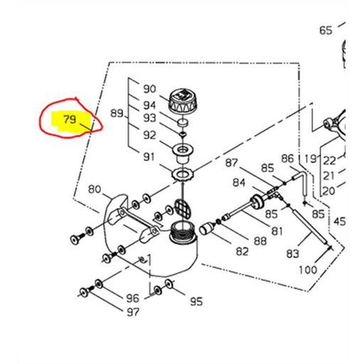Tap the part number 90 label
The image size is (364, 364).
(x=149, y=90)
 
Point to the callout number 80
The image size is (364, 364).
(x=95, y=190)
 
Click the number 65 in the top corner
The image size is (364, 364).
(x=326, y=30)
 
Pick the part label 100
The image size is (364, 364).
(x=307, y=270)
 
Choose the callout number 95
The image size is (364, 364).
(x=196, y=301)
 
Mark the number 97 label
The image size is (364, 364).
(x=132, y=312)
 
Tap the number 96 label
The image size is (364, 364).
(x=132, y=298)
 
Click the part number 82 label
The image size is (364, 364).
(x=242, y=252)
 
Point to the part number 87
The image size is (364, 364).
(x=232, y=163)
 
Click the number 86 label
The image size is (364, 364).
(x=287, y=158)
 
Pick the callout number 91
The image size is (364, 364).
(x=149, y=156)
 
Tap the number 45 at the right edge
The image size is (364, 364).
(x=340, y=222)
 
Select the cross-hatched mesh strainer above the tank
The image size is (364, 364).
(x=183, y=208)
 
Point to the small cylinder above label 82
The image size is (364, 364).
(x=205, y=229)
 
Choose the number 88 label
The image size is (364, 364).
(x=260, y=241)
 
